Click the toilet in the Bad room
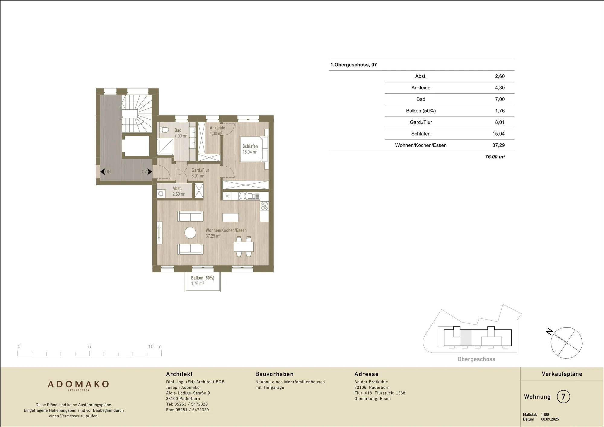164,130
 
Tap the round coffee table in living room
190,233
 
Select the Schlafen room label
250,146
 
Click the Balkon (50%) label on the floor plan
202,278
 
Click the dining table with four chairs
244,247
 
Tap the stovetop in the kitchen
264,206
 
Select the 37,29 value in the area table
498,145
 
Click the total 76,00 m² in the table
495,157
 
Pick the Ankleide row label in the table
421,88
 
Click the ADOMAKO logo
78,384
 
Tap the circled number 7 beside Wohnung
563,396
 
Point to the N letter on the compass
549,332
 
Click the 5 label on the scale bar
89,347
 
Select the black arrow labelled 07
149,172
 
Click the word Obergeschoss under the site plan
476,359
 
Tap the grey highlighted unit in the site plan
466,338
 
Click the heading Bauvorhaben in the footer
274,374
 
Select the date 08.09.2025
550,419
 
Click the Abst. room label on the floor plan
177,188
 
